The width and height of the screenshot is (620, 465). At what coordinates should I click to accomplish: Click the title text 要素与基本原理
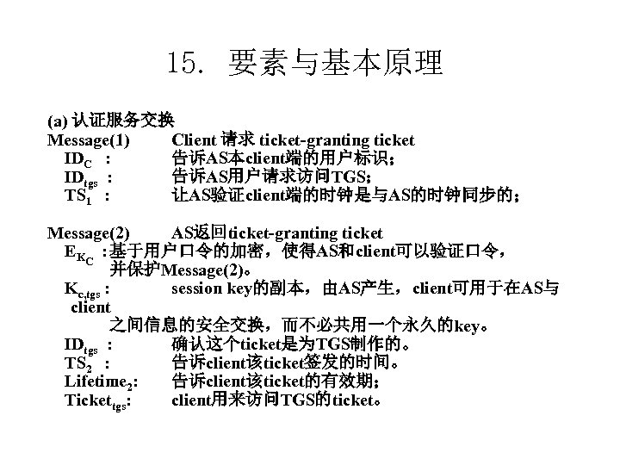click(x=336, y=62)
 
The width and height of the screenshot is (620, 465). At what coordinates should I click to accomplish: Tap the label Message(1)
click(x=89, y=140)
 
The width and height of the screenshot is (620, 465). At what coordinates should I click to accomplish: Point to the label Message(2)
click(x=89, y=233)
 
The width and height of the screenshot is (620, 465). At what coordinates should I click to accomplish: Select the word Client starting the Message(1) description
click(x=194, y=140)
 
